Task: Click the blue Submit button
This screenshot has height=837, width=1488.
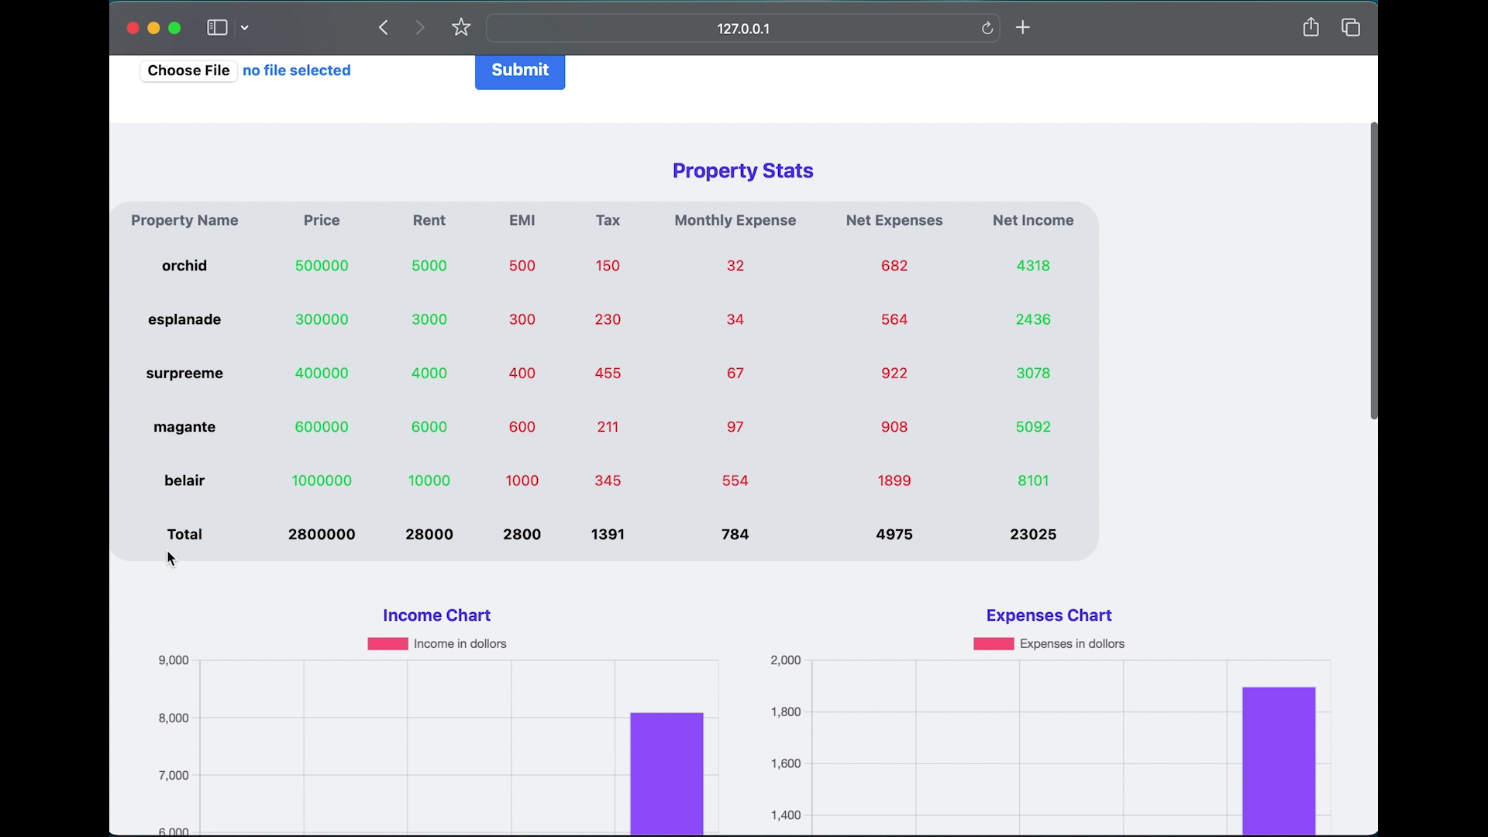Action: coord(519,71)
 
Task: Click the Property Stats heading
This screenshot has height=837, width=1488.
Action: coord(742,170)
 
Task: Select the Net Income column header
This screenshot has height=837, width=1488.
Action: coord(1032,220)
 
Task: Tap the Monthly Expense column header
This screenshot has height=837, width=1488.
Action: coord(735,220)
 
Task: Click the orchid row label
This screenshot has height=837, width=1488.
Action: coord(184,266)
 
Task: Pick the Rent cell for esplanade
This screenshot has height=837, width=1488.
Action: coord(429,319)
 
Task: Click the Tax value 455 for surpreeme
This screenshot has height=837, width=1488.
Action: coord(608,373)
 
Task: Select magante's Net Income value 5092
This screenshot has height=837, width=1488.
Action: coord(1032,427)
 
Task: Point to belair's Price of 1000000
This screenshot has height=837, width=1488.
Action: coord(322,480)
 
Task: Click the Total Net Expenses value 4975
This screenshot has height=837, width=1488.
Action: coord(894,534)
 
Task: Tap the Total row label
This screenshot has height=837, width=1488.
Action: coord(184,534)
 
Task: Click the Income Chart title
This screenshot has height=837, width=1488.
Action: coord(436,615)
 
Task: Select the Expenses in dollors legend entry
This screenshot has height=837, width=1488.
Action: coord(1049,644)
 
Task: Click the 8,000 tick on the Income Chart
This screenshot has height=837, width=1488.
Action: coord(174,718)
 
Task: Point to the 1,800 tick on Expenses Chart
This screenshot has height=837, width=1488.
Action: coord(785,711)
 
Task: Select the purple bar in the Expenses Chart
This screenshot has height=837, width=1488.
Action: coord(1278,759)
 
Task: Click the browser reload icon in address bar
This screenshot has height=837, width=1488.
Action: coord(987,28)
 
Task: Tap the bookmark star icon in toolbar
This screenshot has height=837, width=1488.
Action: coord(461,28)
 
